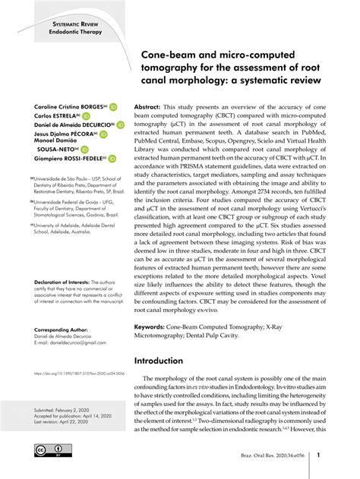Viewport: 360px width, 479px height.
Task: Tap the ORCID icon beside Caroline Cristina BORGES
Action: click(x=113, y=107)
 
